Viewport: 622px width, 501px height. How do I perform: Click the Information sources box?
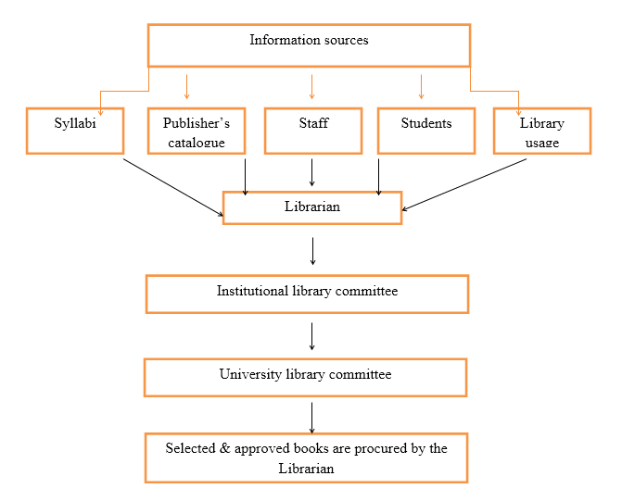click(309, 45)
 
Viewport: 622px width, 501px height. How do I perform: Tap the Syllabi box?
click(75, 131)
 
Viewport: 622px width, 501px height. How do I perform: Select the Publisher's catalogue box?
click(197, 131)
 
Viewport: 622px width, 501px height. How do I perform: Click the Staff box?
click(313, 131)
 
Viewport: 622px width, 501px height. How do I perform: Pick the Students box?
click(426, 131)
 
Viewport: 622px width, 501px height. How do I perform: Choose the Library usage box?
click(542, 131)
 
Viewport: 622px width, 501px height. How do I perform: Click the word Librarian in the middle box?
click(312, 207)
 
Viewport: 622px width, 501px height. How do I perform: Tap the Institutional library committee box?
click(308, 294)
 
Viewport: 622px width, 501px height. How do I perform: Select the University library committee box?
click(306, 377)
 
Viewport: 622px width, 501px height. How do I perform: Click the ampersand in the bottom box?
click(225, 448)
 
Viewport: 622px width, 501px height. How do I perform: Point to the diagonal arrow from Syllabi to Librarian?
click(173, 187)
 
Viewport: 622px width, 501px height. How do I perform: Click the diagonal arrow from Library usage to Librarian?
click(464, 184)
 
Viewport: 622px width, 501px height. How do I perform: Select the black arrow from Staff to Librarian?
click(311, 172)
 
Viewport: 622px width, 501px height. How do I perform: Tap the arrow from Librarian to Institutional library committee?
click(312, 251)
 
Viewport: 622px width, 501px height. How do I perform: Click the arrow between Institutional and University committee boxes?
click(311, 336)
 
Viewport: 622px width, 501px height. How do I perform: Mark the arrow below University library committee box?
click(311, 418)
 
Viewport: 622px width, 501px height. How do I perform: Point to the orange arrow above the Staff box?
click(311, 86)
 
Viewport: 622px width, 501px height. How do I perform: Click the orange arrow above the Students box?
click(421, 86)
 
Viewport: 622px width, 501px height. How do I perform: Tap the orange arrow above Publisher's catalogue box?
click(187, 86)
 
